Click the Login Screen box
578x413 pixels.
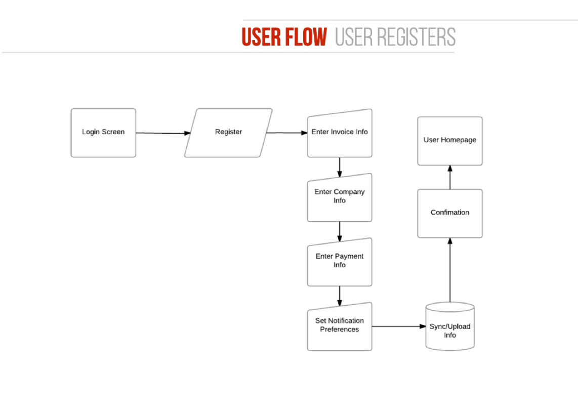(x=103, y=133)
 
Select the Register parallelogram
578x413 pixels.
(x=228, y=133)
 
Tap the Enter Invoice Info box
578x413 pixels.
(x=340, y=133)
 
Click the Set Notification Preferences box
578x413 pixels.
(x=340, y=326)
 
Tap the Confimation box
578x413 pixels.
(x=450, y=213)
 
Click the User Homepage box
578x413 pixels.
(x=450, y=141)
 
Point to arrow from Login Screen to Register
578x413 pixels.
(x=162, y=133)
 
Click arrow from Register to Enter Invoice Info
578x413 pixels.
(x=286, y=133)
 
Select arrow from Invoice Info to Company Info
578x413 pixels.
(x=340, y=167)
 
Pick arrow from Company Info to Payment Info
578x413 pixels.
(x=340, y=231)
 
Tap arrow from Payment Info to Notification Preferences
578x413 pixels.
(x=340, y=296)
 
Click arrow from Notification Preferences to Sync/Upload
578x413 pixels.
(x=399, y=326)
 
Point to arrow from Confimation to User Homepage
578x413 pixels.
(x=450, y=177)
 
